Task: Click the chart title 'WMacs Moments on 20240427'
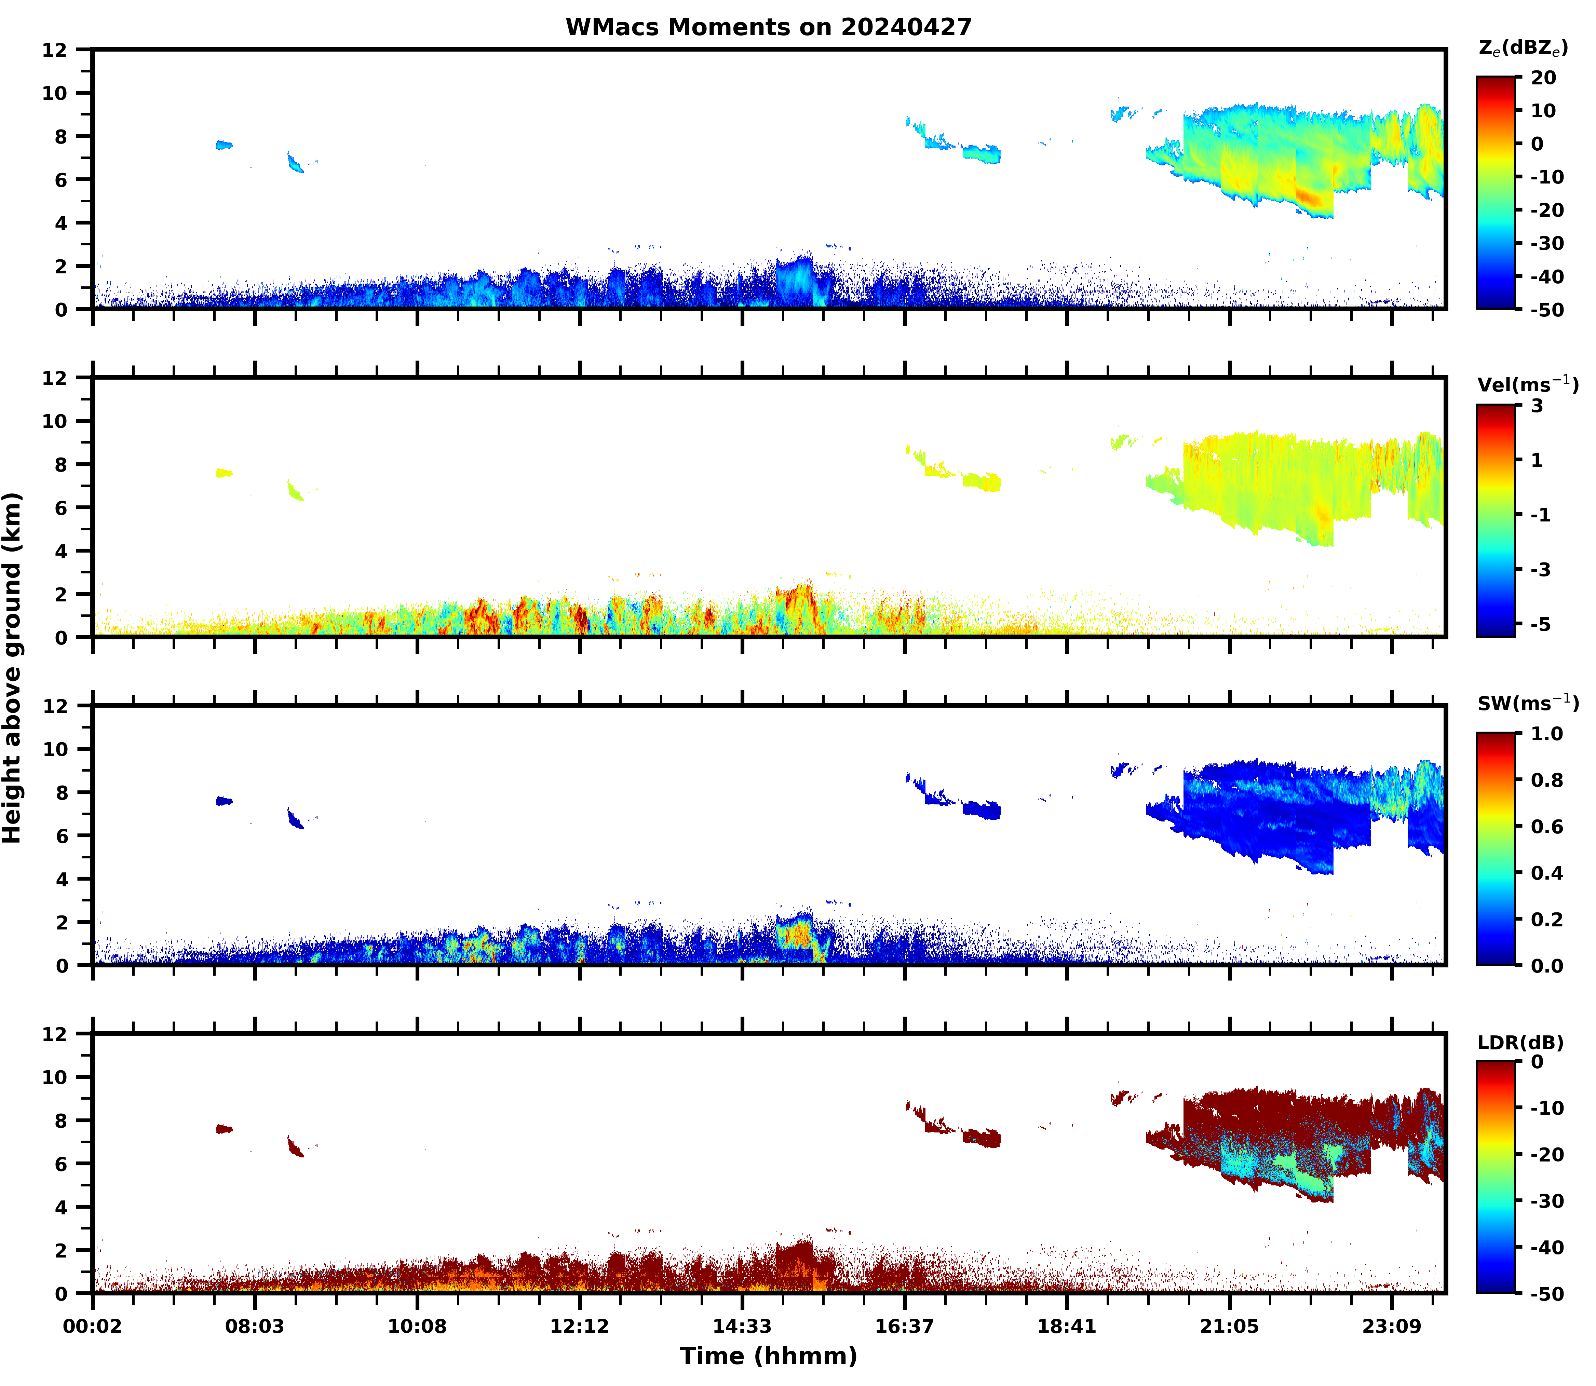(x=768, y=27)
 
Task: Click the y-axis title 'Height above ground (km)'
(x=12, y=667)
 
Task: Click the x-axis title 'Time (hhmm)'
(x=768, y=1356)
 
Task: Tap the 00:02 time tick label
(x=93, y=1327)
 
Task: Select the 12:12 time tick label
(x=580, y=1327)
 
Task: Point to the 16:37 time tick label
(x=904, y=1327)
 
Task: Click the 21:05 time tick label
(x=1229, y=1327)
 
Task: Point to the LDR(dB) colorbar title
(x=1520, y=1043)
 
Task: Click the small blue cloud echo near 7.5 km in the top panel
(x=224, y=145)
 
